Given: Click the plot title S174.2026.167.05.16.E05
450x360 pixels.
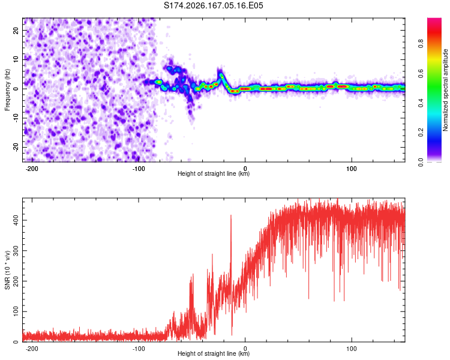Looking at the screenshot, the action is pos(213,5).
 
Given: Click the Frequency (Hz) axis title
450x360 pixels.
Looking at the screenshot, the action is pos(7,90).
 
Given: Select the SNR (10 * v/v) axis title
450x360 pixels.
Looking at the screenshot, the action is pos(7,270).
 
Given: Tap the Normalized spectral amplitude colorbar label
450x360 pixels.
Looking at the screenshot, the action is pos(445,90).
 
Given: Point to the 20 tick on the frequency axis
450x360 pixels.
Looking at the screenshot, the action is pos(16,30).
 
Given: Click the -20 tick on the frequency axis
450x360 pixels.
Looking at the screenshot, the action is pos(16,147).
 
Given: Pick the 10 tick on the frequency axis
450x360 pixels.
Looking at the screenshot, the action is pos(16,59).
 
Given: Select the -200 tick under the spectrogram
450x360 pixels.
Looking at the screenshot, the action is pos(32,169).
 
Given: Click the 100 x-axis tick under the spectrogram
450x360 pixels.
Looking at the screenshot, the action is pos(351,169).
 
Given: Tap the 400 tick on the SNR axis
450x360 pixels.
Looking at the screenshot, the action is pos(16,220).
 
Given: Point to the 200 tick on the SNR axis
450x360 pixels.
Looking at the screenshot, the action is pos(16,281).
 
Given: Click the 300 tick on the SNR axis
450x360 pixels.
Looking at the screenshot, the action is pos(16,251).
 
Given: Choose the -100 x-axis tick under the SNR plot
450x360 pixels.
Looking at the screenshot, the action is pos(139,349).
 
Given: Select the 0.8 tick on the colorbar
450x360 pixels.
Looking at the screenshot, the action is pos(421,44).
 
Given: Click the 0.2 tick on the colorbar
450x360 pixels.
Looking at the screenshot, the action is pos(421,133).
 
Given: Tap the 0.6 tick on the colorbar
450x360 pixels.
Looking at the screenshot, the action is pos(421,73).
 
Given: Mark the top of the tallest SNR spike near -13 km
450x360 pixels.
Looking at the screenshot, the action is pos(231,215).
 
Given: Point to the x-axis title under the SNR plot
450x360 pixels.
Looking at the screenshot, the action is pos(214,353).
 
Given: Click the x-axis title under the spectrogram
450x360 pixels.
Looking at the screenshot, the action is pos(214,173).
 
